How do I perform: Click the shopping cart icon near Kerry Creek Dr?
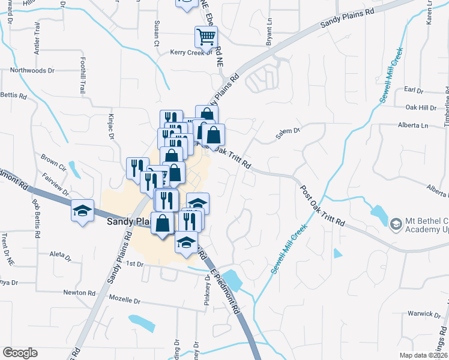[x=206, y=37]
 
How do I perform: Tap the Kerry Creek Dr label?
[x=191, y=52]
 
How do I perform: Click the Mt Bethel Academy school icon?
[x=396, y=224]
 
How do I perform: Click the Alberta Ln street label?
[x=413, y=125]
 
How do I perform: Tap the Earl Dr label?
[x=414, y=90]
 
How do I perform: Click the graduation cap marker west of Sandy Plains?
[x=83, y=211]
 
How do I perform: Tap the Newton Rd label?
[x=79, y=292]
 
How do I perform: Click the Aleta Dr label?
[x=61, y=254]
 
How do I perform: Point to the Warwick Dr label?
[x=421, y=313]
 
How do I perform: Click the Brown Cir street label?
[x=53, y=161]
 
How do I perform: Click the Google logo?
[x=20, y=352]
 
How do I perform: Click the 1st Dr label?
[x=136, y=263]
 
